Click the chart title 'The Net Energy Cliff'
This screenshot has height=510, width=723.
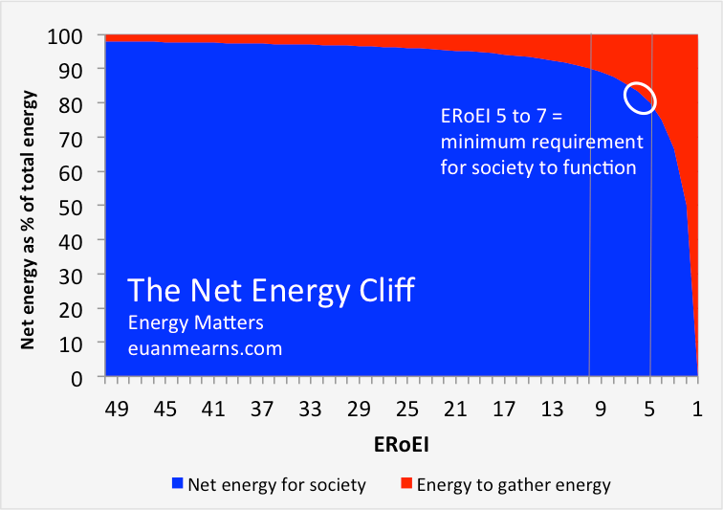pos(272,290)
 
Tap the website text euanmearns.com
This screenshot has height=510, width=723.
pos(206,348)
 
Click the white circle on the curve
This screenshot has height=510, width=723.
pos(641,98)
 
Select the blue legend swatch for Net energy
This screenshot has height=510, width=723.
pos(177,485)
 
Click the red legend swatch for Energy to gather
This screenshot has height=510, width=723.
pos(405,485)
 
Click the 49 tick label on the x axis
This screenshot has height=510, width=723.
pos(117,410)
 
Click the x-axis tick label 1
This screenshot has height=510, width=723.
pos(697,410)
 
